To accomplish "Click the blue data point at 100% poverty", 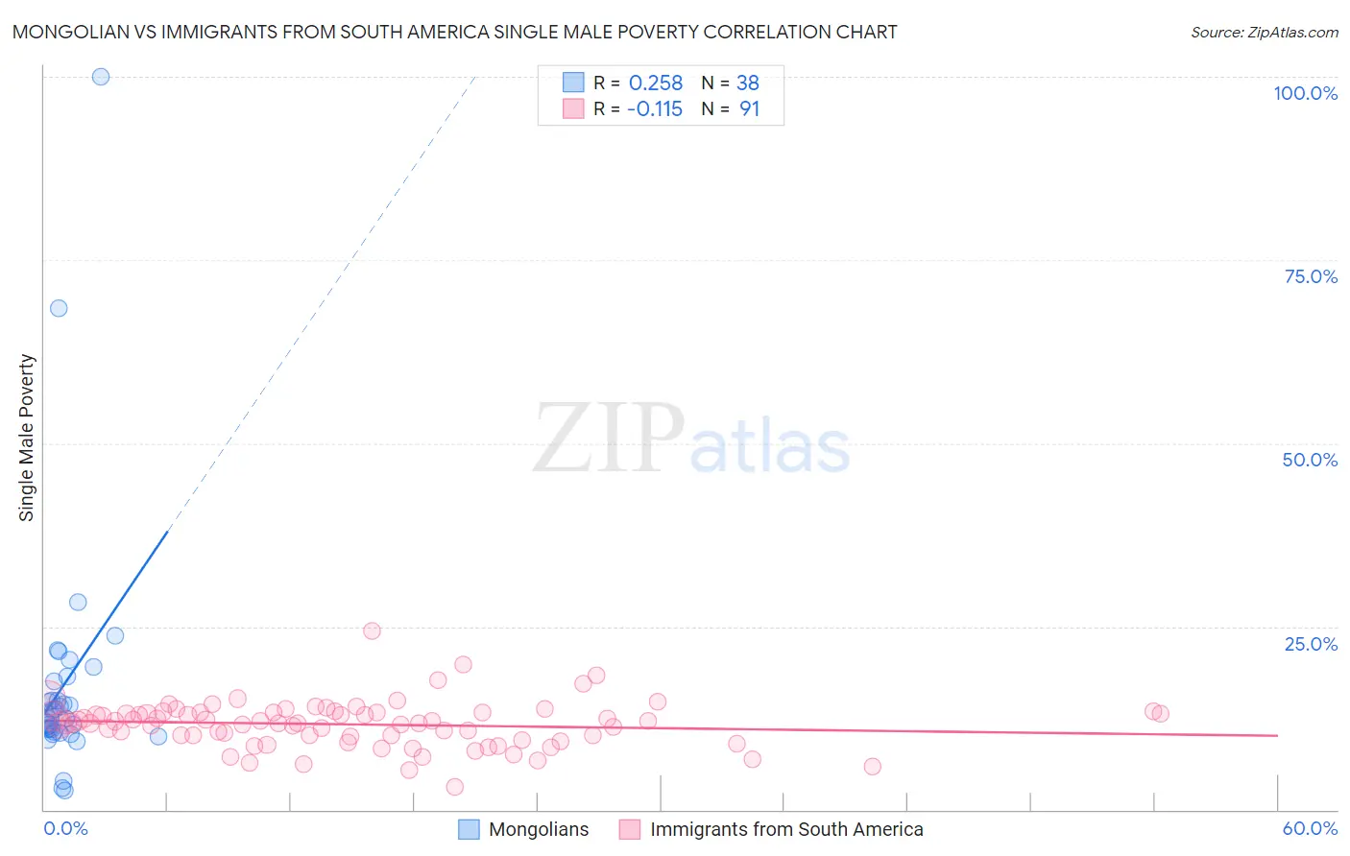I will [x=101, y=77].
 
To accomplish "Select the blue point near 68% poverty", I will [x=59, y=308].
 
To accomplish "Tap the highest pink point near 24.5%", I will [x=372, y=630].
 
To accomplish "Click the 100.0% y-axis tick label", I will [x=1305, y=93].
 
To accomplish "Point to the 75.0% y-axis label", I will [x=1311, y=276].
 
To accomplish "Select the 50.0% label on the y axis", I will [x=1310, y=460].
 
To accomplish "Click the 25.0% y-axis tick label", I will [x=1311, y=644].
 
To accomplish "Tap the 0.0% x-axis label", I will [x=65, y=828].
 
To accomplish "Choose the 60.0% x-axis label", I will [x=1310, y=828].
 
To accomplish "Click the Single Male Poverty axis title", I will [x=27, y=438].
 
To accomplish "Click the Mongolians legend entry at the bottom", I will [x=538, y=829].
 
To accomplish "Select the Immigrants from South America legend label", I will [x=785, y=829].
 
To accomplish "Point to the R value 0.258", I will [x=656, y=83].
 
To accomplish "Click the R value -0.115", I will [x=655, y=109].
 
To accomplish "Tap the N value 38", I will [x=748, y=83].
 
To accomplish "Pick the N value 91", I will [x=749, y=109].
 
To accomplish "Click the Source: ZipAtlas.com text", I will [x=1264, y=33].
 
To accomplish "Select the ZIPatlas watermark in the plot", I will [x=691, y=440].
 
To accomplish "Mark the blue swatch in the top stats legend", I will [x=573, y=83].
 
